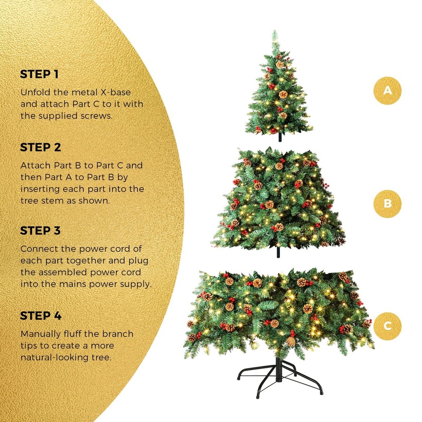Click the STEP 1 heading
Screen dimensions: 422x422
tap(39, 75)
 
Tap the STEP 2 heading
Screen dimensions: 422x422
tap(40, 148)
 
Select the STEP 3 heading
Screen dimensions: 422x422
tap(40, 231)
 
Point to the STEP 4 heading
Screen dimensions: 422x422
tap(41, 316)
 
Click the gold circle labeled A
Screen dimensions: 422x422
tap(387, 90)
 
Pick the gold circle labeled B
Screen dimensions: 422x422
tap(387, 203)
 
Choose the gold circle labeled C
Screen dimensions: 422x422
tap(387, 325)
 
